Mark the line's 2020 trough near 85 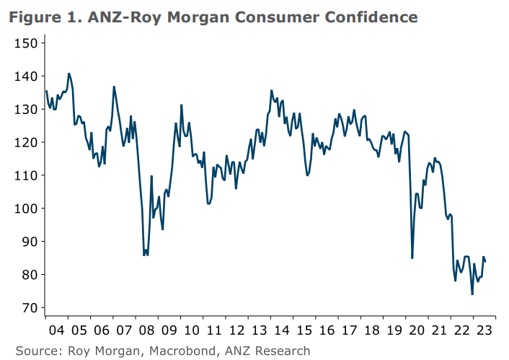coord(412,258)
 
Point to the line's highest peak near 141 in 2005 coord(68,74)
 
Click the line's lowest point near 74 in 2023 coord(472,294)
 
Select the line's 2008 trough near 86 coord(146,255)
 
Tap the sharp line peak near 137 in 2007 coord(114,87)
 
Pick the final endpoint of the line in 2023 coord(485,261)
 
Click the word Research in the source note coord(284,351)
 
